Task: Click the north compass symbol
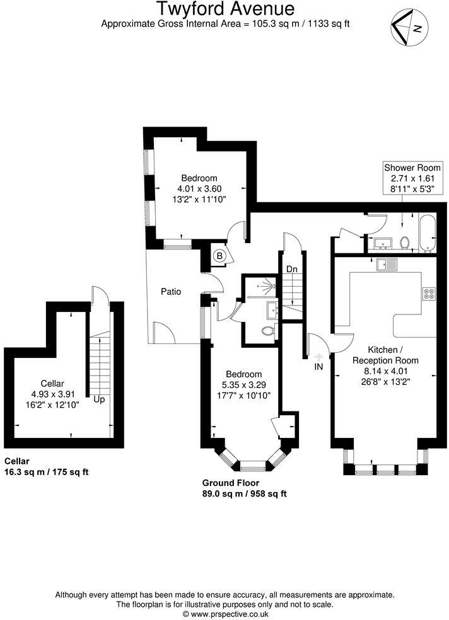click(409, 28)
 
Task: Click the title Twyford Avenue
click(224, 9)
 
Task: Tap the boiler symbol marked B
click(219, 256)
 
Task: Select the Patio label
click(170, 292)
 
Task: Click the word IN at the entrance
click(318, 366)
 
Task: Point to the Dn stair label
click(291, 269)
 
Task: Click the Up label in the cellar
click(99, 399)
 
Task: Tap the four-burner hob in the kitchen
click(429, 294)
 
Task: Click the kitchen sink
click(385, 265)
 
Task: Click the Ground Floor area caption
click(244, 488)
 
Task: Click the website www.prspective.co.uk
click(224, 613)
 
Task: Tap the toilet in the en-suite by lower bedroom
click(267, 330)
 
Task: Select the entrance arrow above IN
click(318, 356)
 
